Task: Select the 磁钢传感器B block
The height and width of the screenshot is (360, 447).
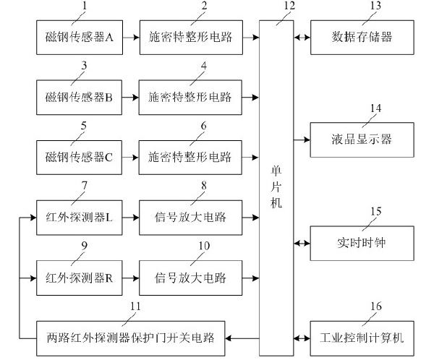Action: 80,96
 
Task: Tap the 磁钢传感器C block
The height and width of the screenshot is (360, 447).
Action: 80,156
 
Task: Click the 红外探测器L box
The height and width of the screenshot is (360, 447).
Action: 80,217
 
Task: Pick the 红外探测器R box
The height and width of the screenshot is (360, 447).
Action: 80,277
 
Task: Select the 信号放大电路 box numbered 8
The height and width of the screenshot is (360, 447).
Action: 191,217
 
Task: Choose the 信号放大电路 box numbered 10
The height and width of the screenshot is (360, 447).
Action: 191,277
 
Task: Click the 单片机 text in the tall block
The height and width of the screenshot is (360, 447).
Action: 277,184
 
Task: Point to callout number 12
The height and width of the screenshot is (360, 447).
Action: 289,6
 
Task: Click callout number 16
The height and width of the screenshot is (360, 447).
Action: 375,307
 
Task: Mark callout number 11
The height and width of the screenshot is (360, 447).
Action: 135,307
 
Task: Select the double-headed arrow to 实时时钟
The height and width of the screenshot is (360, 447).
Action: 302,244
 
